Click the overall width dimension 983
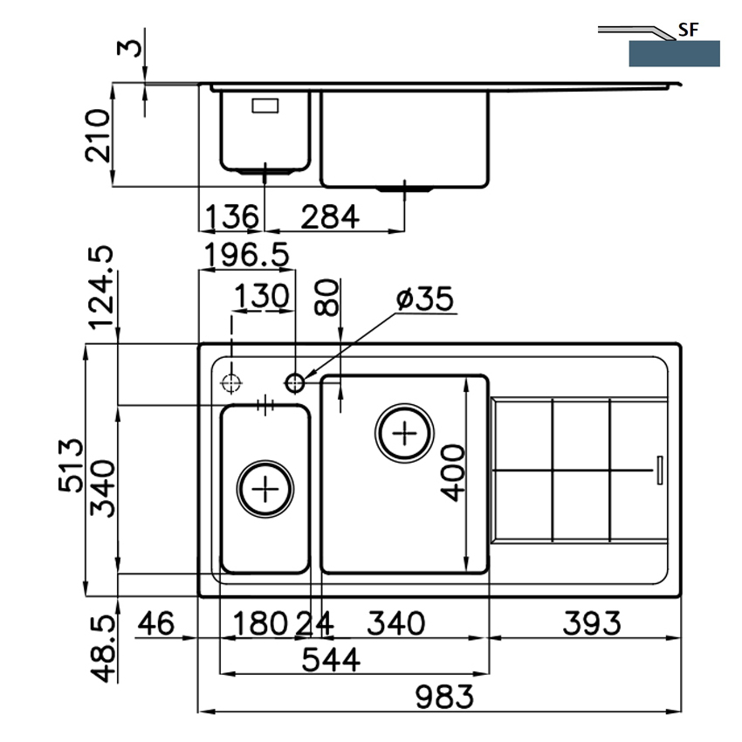(x=444, y=697)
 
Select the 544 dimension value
(x=331, y=660)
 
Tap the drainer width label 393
(x=592, y=623)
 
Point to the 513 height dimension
(x=71, y=466)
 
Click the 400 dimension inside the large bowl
(x=453, y=473)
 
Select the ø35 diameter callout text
(x=425, y=299)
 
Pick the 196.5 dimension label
(x=246, y=255)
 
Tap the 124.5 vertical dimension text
(x=100, y=288)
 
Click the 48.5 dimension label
(x=103, y=649)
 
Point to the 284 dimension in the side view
(x=330, y=216)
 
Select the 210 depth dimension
(x=98, y=136)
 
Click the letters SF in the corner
(x=689, y=30)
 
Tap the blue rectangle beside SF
(x=674, y=53)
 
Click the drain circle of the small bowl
(x=265, y=489)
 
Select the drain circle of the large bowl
(x=404, y=433)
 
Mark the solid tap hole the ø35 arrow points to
(x=295, y=382)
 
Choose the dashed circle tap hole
(x=231, y=383)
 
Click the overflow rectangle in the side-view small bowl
(x=265, y=106)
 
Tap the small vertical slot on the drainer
(x=660, y=471)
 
